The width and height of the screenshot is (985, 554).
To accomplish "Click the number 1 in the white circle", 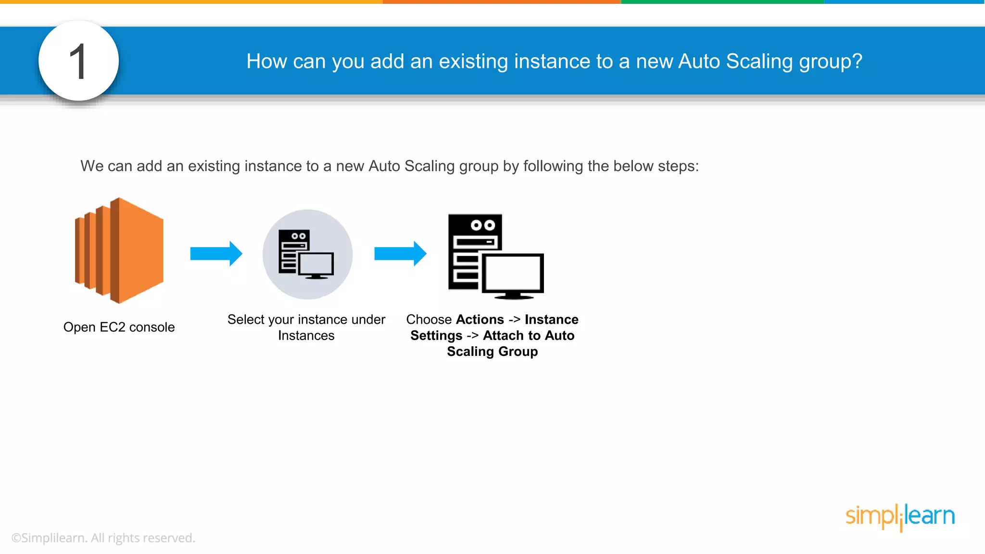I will (x=78, y=61).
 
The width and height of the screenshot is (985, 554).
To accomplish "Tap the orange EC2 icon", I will (x=119, y=251).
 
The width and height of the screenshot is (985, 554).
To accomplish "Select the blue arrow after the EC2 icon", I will (x=216, y=253).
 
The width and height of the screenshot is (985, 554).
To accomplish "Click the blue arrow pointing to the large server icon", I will (x=400, y=253).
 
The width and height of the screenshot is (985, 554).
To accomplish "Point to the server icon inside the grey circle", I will (x=306, y=254).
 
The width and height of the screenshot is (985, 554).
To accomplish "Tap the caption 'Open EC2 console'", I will (x=119, y=327).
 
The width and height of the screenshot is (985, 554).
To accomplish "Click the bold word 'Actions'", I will (x=480, y=319).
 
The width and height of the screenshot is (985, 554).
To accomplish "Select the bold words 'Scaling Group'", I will (x=492, y=352).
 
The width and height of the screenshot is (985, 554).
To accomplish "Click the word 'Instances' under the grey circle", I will (x=306, y=336).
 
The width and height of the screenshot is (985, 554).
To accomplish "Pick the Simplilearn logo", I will (x=900, y=516).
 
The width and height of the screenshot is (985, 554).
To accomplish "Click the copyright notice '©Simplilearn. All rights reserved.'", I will (x=103, y=538).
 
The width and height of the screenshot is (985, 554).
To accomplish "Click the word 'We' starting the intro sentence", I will (x=92, y=166).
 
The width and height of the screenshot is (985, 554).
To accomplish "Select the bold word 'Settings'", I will (x=436, y=336).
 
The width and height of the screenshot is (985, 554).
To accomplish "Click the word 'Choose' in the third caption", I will (x=429, y=319).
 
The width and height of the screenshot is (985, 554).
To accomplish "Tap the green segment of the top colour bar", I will (x=722, y=2).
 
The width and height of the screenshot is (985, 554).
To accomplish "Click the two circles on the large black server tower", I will (x=483, y=225).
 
